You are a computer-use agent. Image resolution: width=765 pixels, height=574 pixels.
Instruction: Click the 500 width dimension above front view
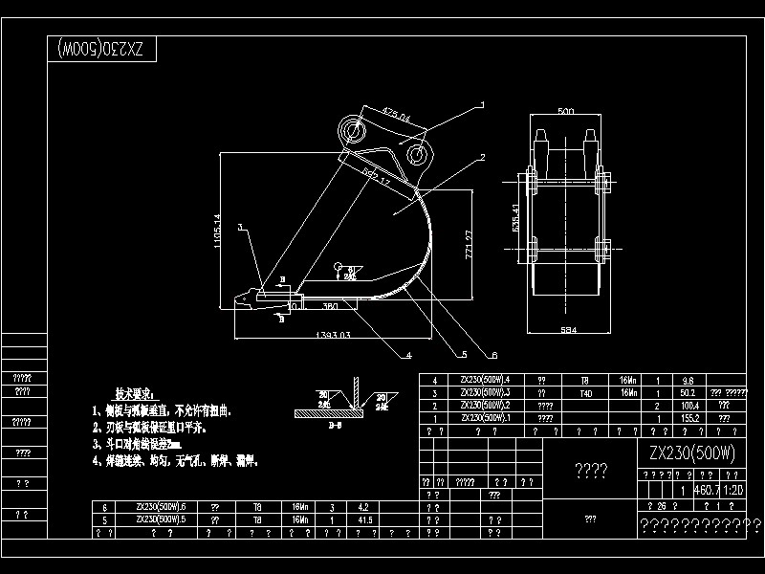point(565,113)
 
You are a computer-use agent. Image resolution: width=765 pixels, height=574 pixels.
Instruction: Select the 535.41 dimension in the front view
point(516,219)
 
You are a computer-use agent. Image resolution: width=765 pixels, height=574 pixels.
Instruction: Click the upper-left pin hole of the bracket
point(351,128)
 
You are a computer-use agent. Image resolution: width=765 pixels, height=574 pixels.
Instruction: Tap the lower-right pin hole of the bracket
point(416,153)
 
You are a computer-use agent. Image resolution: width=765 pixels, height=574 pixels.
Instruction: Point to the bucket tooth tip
point(230,302)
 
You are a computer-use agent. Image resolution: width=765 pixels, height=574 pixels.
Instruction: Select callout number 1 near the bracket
point(483,104)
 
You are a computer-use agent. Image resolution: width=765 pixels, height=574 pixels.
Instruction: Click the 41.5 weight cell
point(363,519)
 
